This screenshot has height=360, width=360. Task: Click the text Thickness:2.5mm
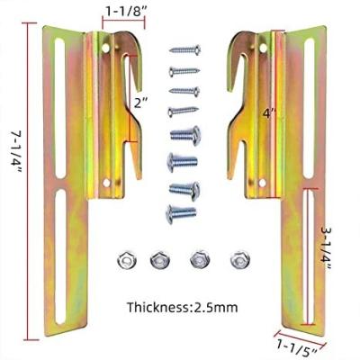coord(184,307)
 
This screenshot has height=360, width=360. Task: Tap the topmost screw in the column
coord(184,49)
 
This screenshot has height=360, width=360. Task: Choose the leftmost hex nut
coord(125,258)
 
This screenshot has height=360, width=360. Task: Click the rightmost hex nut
coord(238,258)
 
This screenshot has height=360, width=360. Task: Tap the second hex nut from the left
coord(163,258)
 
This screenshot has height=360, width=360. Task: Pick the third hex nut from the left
coord(200,258)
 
